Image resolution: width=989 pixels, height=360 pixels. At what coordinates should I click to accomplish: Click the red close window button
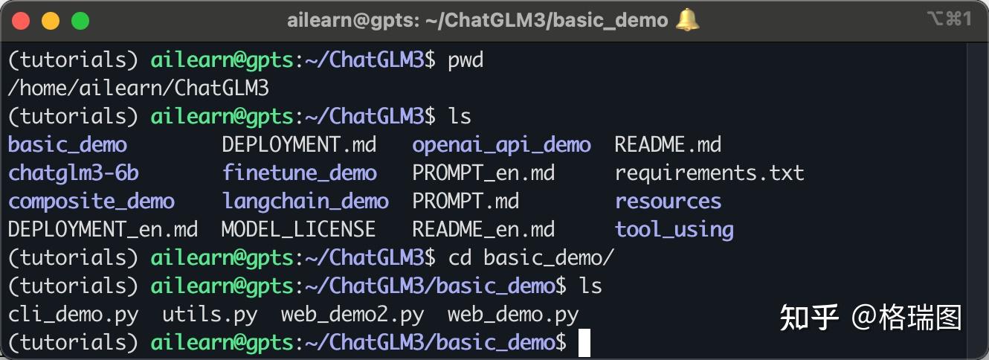point(21,21)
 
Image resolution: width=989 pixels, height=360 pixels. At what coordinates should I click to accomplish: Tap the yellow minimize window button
point(51,21)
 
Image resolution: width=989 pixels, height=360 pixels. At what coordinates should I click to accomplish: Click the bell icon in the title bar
point(687,20)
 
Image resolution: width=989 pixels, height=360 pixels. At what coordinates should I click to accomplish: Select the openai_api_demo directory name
point(501,144)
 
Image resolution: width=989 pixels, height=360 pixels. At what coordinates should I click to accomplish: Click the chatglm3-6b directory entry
point(74,173)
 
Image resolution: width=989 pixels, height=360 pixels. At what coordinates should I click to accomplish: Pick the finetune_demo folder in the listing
point(299,173)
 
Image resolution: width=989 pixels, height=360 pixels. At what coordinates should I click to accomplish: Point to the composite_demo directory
point(91,201)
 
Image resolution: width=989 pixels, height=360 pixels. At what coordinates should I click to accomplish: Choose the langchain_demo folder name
point(305,201)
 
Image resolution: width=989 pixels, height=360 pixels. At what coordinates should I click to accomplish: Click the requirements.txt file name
point(709,173)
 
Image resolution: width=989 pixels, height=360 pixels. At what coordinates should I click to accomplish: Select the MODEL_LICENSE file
point(298,229)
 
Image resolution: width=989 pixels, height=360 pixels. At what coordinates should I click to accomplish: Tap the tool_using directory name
point(674,229)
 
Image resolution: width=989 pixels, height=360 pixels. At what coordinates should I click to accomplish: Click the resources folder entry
point(668,201)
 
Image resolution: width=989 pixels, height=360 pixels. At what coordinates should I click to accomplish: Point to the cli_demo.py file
point(74,315)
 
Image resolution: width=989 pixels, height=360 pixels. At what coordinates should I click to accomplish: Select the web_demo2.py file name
point(352,315)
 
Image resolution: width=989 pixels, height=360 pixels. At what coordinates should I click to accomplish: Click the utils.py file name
point(210,315)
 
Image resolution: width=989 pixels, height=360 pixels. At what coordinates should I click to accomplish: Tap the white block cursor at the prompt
point(584,343)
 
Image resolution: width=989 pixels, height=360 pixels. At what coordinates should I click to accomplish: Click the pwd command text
point(465,60)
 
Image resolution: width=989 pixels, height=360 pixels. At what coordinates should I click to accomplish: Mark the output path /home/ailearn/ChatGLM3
point(138,88)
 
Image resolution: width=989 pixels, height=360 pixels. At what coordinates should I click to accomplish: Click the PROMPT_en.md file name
point(483,173)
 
